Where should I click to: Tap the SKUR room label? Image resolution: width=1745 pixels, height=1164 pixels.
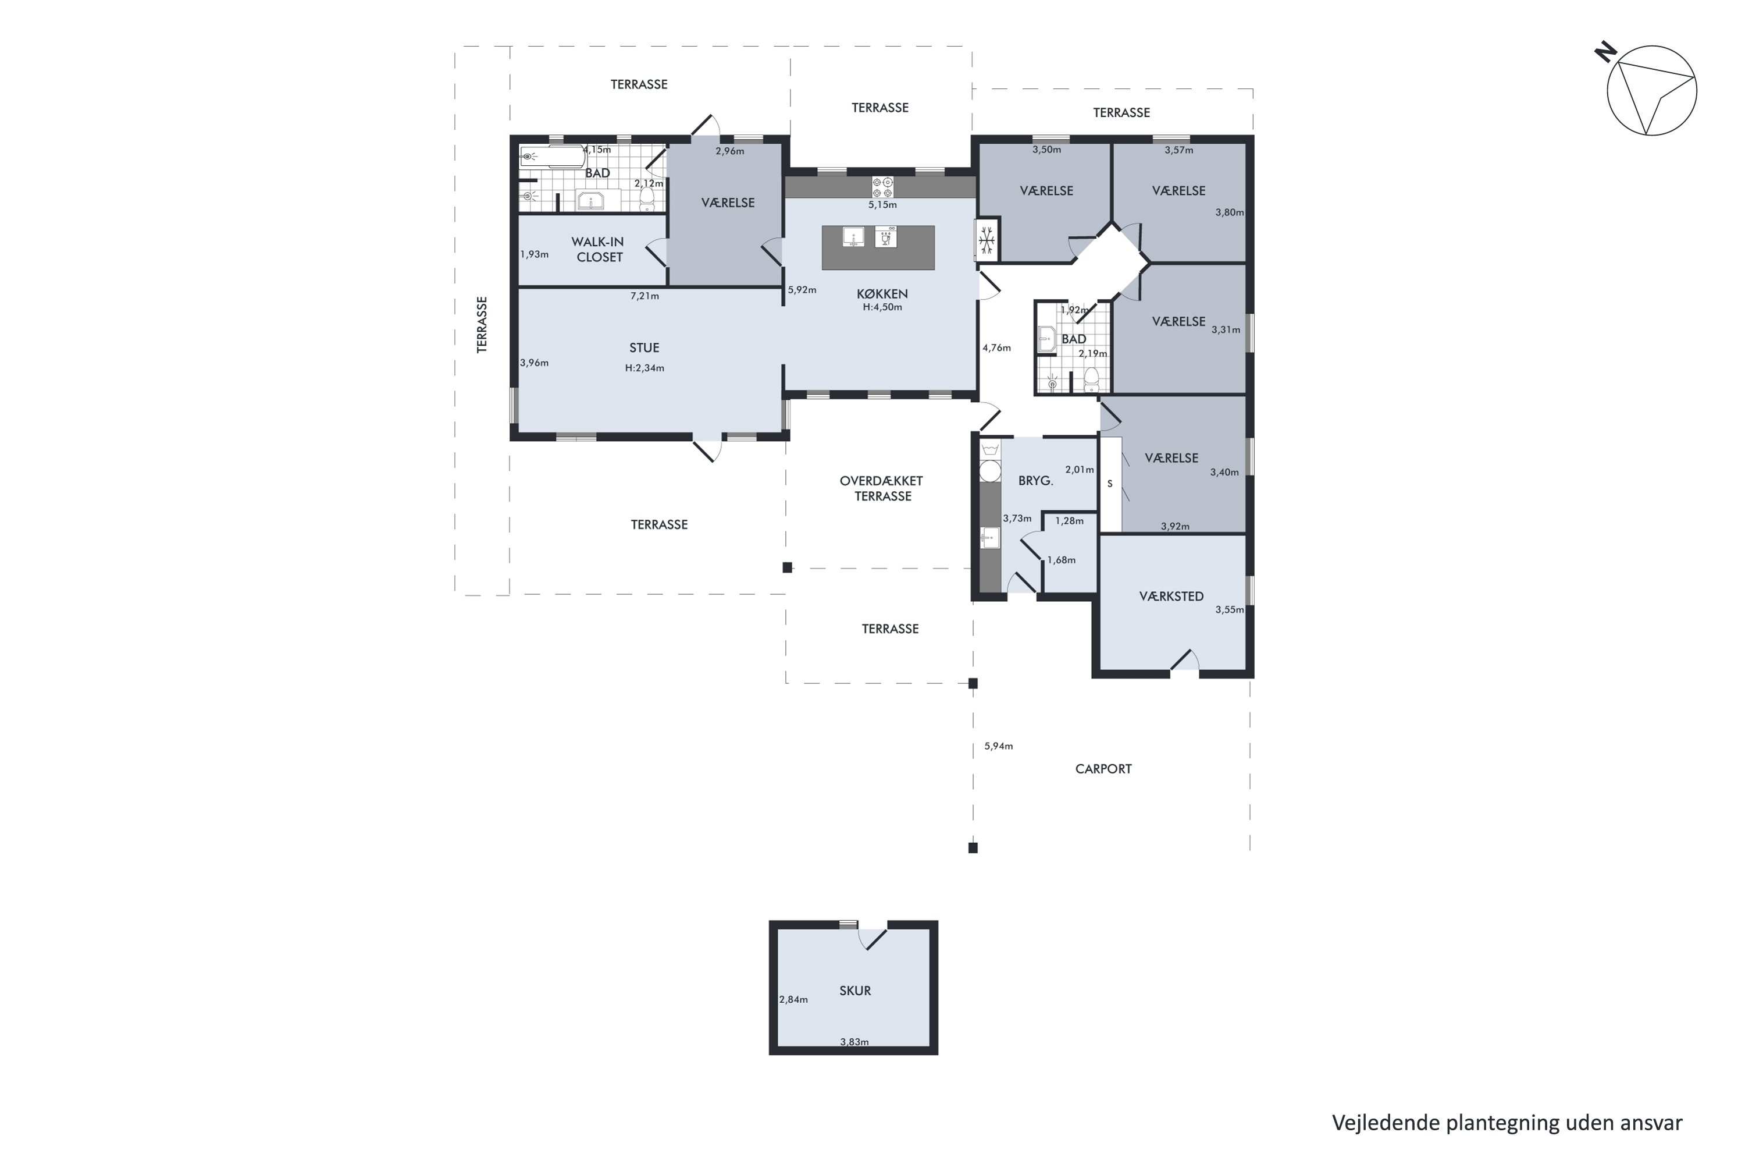coord(854,991)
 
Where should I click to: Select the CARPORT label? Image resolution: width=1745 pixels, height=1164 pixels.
coord(1103,769)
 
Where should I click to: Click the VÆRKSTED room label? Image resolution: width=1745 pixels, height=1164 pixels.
coord(1171,596)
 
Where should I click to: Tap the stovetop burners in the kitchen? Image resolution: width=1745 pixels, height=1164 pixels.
coord(882,187)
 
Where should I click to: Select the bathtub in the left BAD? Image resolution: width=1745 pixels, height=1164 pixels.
coord(552,157)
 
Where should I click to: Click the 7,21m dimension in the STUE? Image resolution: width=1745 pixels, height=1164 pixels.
coord(644,296)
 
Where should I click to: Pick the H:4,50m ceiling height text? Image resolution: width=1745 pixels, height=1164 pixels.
coord(882,307)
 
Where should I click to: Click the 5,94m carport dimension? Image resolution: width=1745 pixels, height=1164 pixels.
coord(998,746)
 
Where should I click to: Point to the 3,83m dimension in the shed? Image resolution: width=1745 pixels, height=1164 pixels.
coord(854,1042)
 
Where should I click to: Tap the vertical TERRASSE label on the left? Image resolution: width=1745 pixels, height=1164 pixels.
coord(482,324)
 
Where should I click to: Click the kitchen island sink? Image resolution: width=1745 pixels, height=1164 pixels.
coord(853,237)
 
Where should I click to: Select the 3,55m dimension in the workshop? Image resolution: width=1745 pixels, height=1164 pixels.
coord(1228,609)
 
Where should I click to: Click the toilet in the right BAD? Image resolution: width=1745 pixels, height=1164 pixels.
coord(1091,379)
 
